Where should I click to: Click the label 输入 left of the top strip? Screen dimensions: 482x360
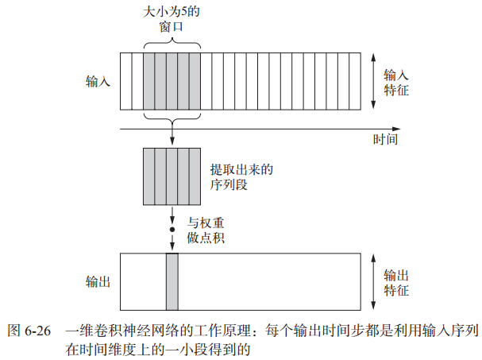click(98, 82)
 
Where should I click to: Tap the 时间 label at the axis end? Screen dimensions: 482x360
click(385, 139)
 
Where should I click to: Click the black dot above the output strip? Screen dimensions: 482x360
click(172, 229)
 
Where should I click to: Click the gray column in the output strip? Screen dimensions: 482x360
click(172, 281)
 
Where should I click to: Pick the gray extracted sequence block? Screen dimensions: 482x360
click(172, 176)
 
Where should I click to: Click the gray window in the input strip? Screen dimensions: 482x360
click(172, 81)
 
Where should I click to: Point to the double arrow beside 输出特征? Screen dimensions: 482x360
click(373, 281)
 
